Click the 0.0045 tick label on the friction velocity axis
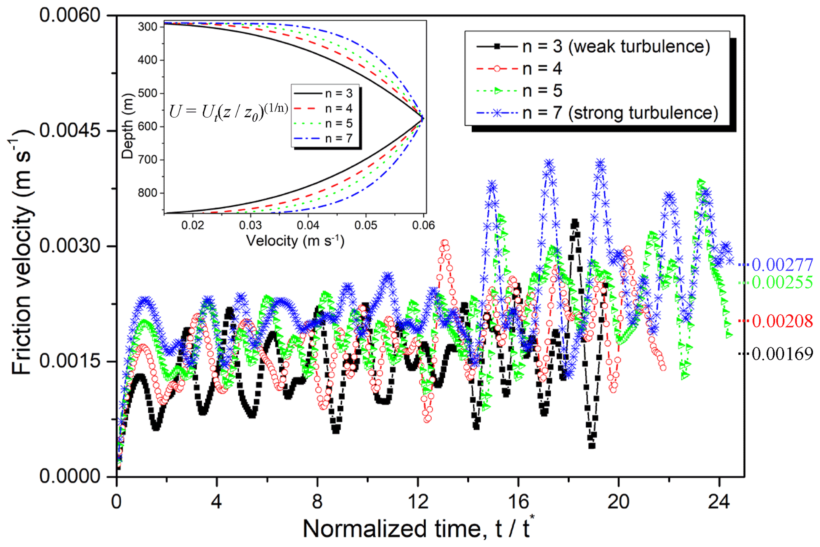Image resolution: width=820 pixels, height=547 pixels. coord(70,130)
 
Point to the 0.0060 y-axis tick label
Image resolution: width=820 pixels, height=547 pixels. coord(70,15)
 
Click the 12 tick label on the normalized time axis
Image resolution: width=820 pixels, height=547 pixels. coord(418,502)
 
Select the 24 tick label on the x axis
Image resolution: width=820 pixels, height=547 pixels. coord(719,502)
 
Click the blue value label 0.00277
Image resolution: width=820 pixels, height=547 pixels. coord(782,264)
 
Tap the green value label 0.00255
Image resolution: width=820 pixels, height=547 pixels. coord(782,282)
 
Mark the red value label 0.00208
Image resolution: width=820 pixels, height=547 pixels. coord(782,321)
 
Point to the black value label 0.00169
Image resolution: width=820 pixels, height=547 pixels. coord(782,354)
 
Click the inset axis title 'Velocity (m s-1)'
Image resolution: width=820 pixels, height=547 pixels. coord(295,241)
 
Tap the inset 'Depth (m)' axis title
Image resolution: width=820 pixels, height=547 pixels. coord(127,126)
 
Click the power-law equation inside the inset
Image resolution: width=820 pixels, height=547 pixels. coord(229,112)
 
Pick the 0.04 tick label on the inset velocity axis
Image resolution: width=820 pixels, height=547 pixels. coord(308,225)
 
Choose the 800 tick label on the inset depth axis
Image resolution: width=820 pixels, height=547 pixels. coord(148,193)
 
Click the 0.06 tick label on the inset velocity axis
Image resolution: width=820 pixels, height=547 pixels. coord(423,225)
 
